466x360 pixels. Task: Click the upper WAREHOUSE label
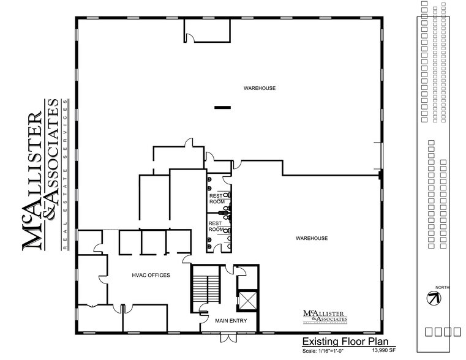pyautogui.click(x=260, y=88)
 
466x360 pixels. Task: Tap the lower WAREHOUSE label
pyautogui.click(x=312, y=238)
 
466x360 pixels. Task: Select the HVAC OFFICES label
pyautogui.click(x=150, y=275)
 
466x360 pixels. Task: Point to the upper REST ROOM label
pyautogui.click(x=217, y=198)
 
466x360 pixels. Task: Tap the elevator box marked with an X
pyautogui.click(x=248, y=301)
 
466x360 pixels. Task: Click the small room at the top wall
pyautogui.click(x=207, y=31)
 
